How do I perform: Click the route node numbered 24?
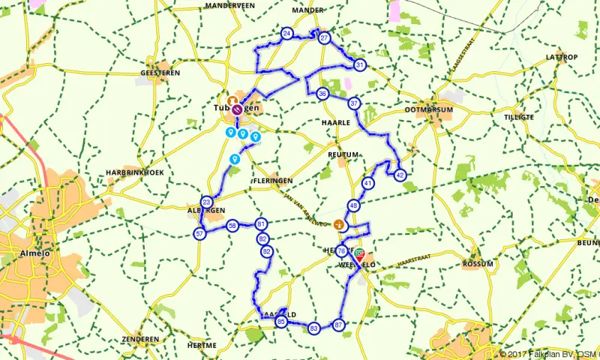[286, 34]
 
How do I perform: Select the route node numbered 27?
[324, 38]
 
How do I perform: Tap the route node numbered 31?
[361, 65]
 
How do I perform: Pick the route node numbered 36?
[322, 94]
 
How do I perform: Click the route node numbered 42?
[400, 175]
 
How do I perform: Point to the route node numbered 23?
[206, 202]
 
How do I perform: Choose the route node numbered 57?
[199, 234]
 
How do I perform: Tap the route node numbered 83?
[313, 328]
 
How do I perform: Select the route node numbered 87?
[339, 325]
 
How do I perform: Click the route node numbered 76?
[342, 251]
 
